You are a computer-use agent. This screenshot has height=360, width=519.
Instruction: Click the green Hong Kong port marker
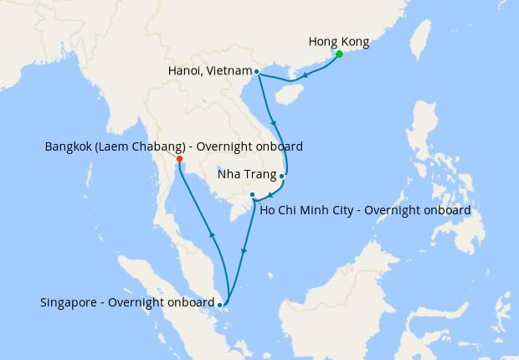pyautogui.click(x=340, y=55)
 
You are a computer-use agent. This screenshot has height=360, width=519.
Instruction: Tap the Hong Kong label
pyautogui.click(x=338, y=41)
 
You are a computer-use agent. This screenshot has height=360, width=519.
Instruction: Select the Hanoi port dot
pyautogui.click(x=256, y=72)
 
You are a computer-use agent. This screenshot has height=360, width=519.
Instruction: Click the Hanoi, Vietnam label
pyautogui.click(x=208, y=72)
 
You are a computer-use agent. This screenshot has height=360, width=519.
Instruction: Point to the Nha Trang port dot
pyautogui.click(x=282, y=177)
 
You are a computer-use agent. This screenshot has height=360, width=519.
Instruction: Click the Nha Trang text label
pyautogui.click(x=246, y=176)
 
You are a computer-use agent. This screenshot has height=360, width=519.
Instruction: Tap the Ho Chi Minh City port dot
pyautogui.click(x=252, y=195)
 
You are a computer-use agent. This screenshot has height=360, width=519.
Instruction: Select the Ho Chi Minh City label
pyautogui.click(x=365, y=210)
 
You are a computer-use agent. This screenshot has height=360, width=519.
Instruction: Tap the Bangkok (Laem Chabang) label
pyautogui.click(x=173, y=147)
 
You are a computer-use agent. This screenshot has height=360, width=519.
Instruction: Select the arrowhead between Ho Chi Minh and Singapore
pyautogui.click(x=244, y=250)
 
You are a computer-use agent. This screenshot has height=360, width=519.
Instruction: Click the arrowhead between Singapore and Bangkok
pyautogui.click(x=211, y=237)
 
